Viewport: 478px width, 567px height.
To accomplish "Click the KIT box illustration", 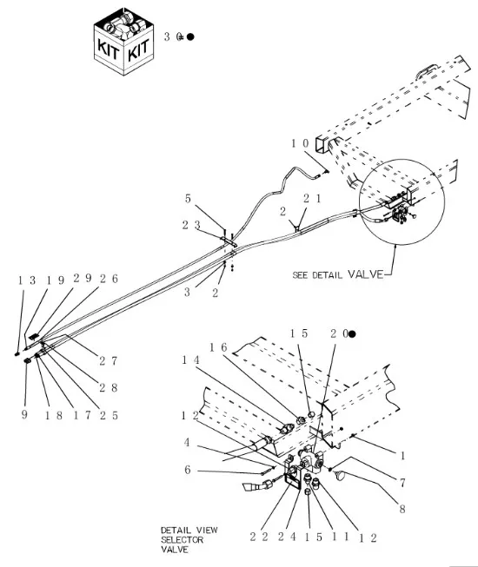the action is tap(123, 41).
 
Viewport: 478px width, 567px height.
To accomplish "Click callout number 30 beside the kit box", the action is tap(173, 36).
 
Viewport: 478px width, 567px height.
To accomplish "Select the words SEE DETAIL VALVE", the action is tap(337, 274).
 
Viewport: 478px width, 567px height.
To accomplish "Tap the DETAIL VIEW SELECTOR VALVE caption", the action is tap(189, 539).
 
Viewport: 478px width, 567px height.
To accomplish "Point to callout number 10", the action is tap(301, 143).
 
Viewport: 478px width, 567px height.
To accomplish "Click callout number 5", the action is tap(188, 199).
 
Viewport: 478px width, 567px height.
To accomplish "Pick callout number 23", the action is tap(191, 225).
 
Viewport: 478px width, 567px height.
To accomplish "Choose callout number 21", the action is tap(312, 198).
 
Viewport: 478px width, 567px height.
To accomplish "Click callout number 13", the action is tap(27, 280).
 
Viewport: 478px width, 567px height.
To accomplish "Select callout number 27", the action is tap(108, 360).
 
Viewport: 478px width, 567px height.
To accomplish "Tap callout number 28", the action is tap(109, 387).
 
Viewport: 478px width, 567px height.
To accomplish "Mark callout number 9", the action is tap(24, 414).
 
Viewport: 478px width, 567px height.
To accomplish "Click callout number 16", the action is tap(218, 347).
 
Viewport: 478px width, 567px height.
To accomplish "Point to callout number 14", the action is tap(190, 359).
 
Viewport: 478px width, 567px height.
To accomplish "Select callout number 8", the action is tap(402, 509).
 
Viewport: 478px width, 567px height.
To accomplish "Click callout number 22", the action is tap(259, 537).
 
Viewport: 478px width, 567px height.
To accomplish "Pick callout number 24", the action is tap(287, 537).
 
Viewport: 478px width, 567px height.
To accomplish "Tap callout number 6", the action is tap(188, 470).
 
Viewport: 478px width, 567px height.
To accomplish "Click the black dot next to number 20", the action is tap(352, 334).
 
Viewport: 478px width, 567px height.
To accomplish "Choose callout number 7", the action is tap(402, 483).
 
